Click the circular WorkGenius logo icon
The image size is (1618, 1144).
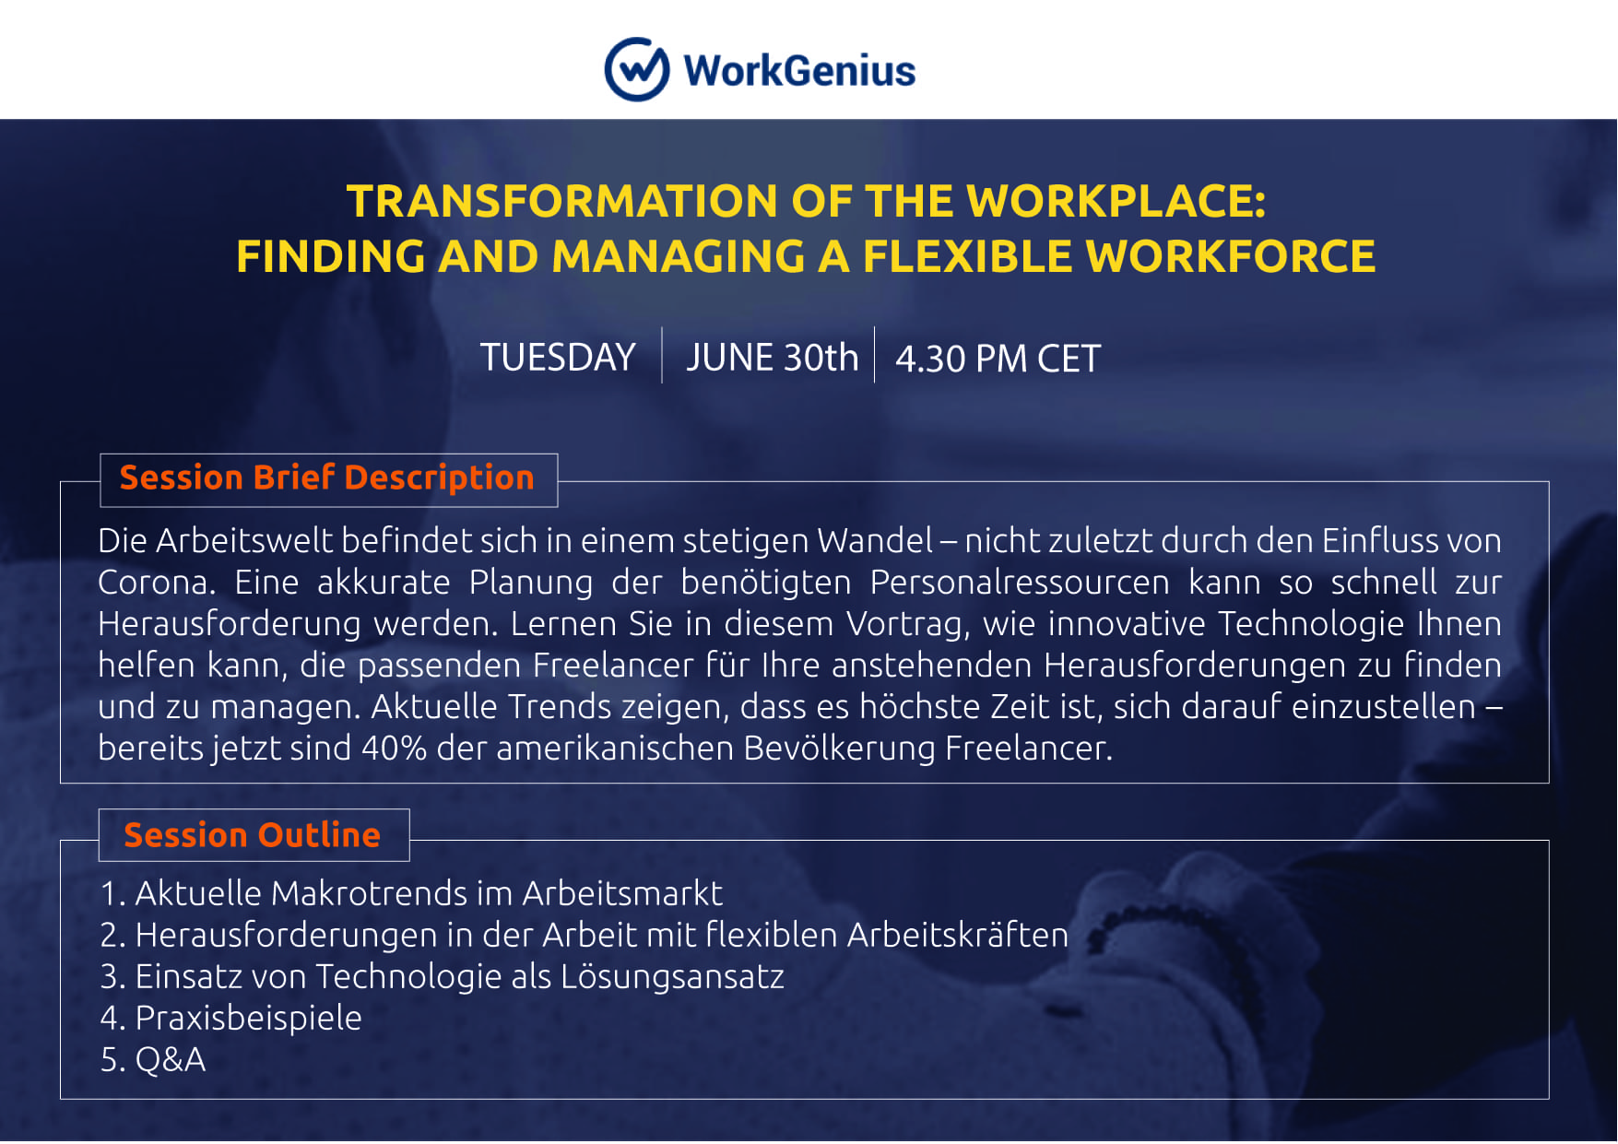(636, 69)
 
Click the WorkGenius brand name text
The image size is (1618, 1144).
(799, 71)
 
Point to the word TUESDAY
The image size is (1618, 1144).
(558, 358)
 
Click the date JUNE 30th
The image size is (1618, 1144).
(772, 358)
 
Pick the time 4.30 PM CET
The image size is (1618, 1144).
(998, 359)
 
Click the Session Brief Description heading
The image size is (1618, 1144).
(327, 478)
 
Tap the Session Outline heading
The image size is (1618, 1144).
(253, 835)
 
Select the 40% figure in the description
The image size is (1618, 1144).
(394, 748)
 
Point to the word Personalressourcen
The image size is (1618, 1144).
(1020, 583)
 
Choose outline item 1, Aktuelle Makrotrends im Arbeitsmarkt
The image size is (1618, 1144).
(411, 893)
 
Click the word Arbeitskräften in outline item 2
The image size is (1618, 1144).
(958, 935)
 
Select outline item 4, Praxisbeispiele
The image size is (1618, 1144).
(230, 1018)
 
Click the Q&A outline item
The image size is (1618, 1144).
(153, 1059)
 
